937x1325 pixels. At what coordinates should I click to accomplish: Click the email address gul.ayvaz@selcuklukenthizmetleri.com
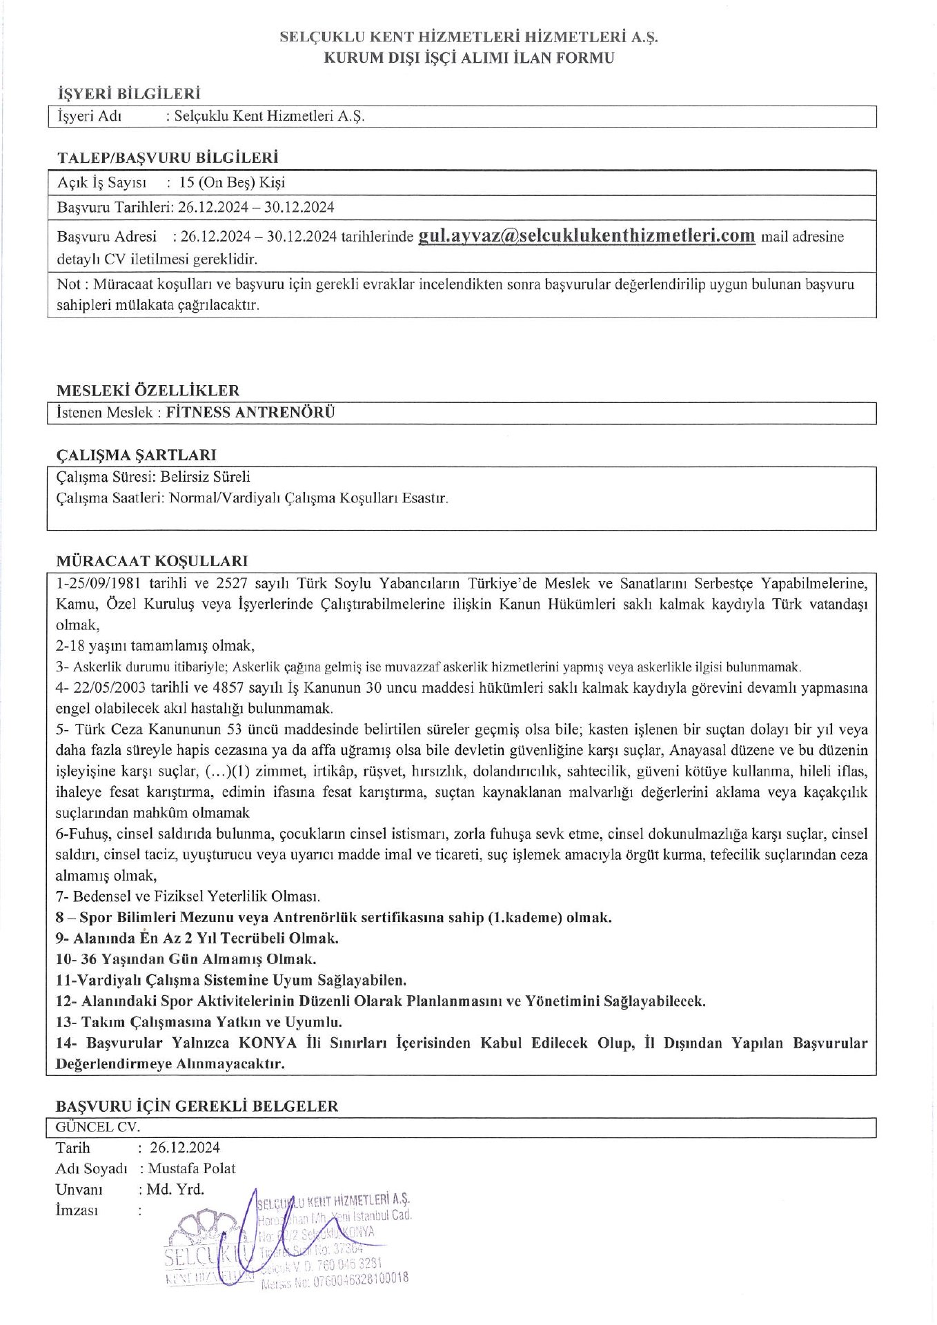[x=586, y=235]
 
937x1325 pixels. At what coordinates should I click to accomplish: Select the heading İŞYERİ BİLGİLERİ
[x=128, y=93]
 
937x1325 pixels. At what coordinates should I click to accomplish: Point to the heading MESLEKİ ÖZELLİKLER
[x=148, y=390]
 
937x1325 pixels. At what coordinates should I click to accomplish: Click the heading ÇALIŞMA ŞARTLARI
[x=136, y=455]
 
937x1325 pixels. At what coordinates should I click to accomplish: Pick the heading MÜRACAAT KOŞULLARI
[x=152, y=560]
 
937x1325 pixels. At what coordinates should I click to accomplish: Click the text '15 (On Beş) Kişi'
[x=232, y=183]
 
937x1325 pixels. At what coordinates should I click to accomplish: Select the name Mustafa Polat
[x=192, y=1168]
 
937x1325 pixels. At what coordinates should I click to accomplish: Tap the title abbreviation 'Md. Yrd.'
[x=175, y=1189]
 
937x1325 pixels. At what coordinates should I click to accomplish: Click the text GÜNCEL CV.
[x=98, y=1127]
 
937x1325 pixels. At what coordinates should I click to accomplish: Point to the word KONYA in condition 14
[x=268, y=1043]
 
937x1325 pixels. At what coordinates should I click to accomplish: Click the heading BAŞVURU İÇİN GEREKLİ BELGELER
[x=197, y=1106]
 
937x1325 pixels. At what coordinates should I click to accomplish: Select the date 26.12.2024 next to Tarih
[x=185, y=1148]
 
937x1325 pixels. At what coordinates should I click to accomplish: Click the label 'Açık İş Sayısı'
[x=102, y=183]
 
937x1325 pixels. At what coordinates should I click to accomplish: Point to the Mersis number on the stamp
[x=335, y=1281]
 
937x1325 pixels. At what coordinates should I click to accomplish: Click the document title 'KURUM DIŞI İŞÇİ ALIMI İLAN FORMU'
[x=469, y=58]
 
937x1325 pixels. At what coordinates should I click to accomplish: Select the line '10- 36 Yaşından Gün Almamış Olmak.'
[x=186, y=959]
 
